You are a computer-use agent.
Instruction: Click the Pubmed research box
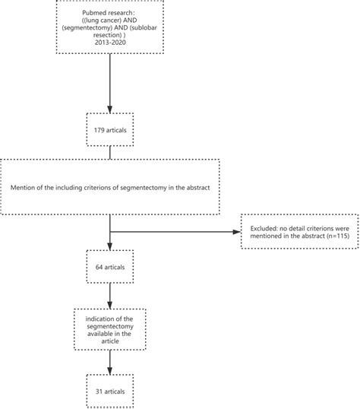[111, 28]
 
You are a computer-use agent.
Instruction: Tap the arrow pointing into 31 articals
[110, 359]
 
